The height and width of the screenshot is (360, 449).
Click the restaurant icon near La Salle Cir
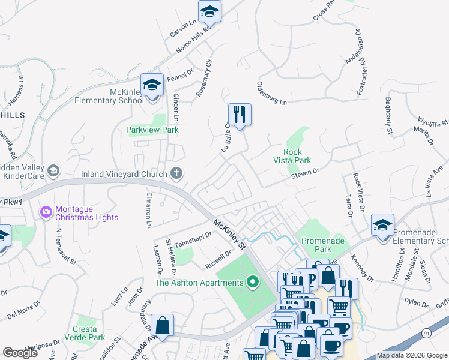coord(240,114)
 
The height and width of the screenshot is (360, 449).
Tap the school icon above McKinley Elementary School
coord(152,84)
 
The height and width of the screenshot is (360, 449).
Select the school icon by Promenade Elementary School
coord(382,225)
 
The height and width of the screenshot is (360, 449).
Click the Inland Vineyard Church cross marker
coord(176,174)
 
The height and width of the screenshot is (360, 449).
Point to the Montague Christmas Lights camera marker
coord(46,212)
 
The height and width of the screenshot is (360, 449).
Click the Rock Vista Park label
coord(297,156)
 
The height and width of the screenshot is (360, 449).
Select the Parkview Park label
coord(152,130)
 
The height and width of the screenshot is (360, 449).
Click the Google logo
coord(20,353)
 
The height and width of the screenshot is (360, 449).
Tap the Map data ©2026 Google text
coord(412,356)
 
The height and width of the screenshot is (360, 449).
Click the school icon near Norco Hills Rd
coord(209,11)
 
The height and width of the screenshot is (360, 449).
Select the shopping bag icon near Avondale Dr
coord(162,325)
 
